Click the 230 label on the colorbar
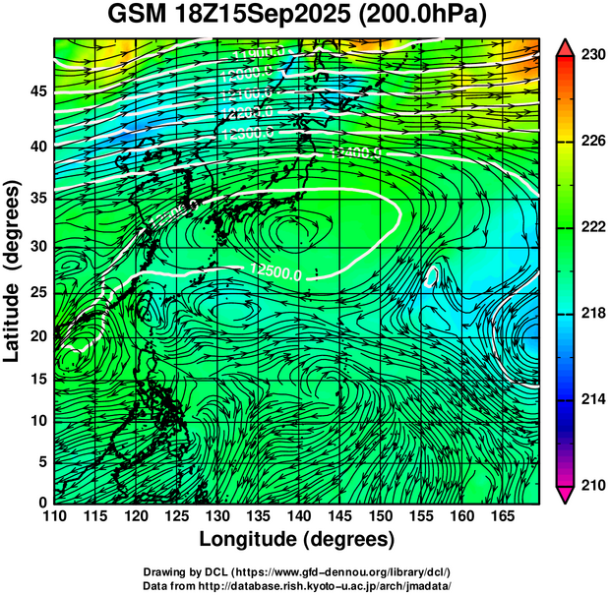[x=591, y=55]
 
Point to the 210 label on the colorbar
[x=591, y=484]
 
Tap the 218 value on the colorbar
[x=591, y=313]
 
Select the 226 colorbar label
[x=591, y=142]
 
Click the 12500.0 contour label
[x=275, y=269]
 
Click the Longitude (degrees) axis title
[x=297, y=539]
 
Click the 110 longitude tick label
[x=54, y=515]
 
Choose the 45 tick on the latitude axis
[x=37, y=90]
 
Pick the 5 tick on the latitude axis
[x=41, y=461]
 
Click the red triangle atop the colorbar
[x=566, y=46]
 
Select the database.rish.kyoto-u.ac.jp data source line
[x=297, y=585]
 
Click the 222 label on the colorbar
[x=591, y=227]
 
